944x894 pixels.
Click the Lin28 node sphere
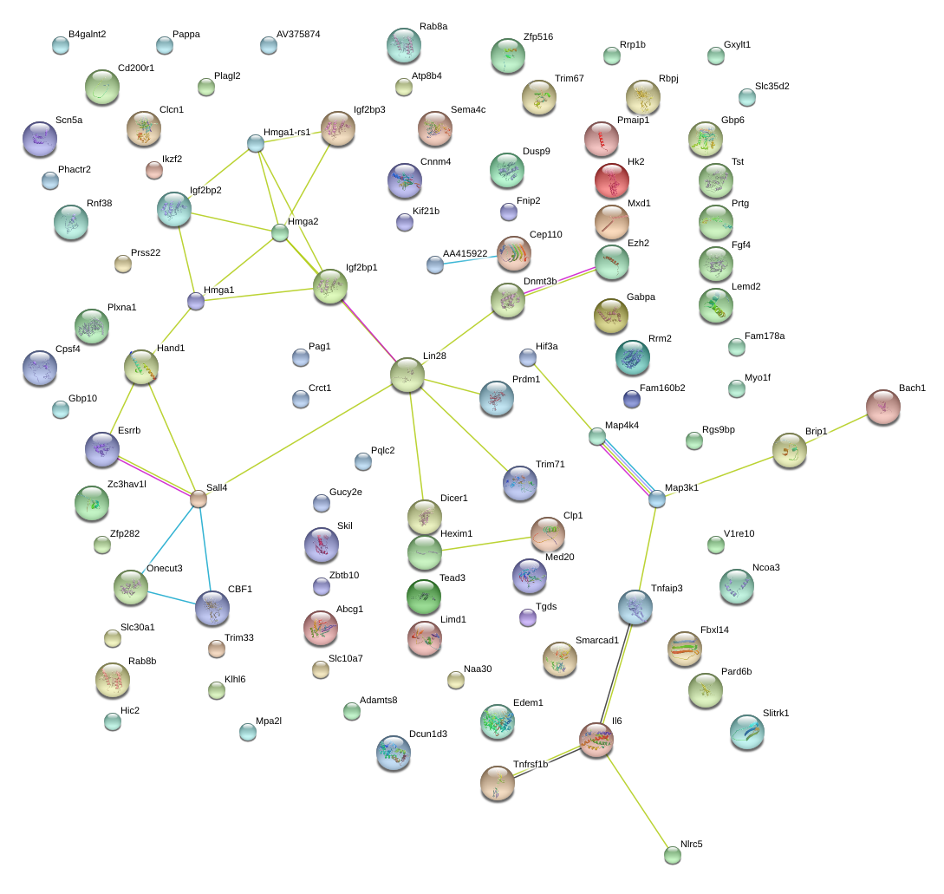pos(407,375)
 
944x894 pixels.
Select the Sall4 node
pos(199,499)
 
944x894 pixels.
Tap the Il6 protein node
pos(596,740)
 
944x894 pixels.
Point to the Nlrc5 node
pos(673,855)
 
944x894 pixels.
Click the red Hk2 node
pos(612,180)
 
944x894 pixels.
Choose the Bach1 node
pos(883,407)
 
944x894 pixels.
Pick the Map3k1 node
pos(657,499)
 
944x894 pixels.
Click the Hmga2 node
pos(280,232)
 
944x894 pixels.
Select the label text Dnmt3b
pos(540,281)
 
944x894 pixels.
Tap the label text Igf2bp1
pos(361,268)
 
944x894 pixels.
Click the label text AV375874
pos(298,35)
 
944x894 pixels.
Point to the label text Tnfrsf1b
pos(531,764)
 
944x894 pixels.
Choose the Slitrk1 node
pos(746,732)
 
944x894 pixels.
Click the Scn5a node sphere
pos(39,139)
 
